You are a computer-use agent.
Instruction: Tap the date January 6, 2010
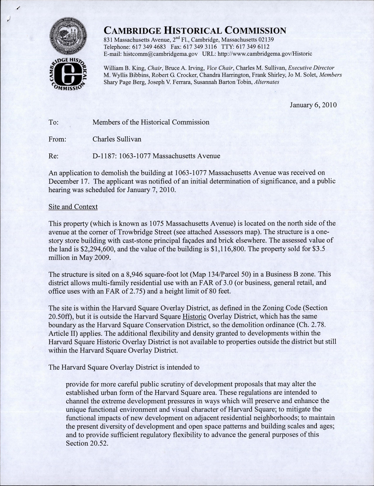point(313,105)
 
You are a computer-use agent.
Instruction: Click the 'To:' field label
point(53,122)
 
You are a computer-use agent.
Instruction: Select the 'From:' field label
point(57,139)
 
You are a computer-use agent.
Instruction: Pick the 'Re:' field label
point(53,156)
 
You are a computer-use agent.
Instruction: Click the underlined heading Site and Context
point(73,207)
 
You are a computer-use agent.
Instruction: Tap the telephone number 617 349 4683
point(149,47)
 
